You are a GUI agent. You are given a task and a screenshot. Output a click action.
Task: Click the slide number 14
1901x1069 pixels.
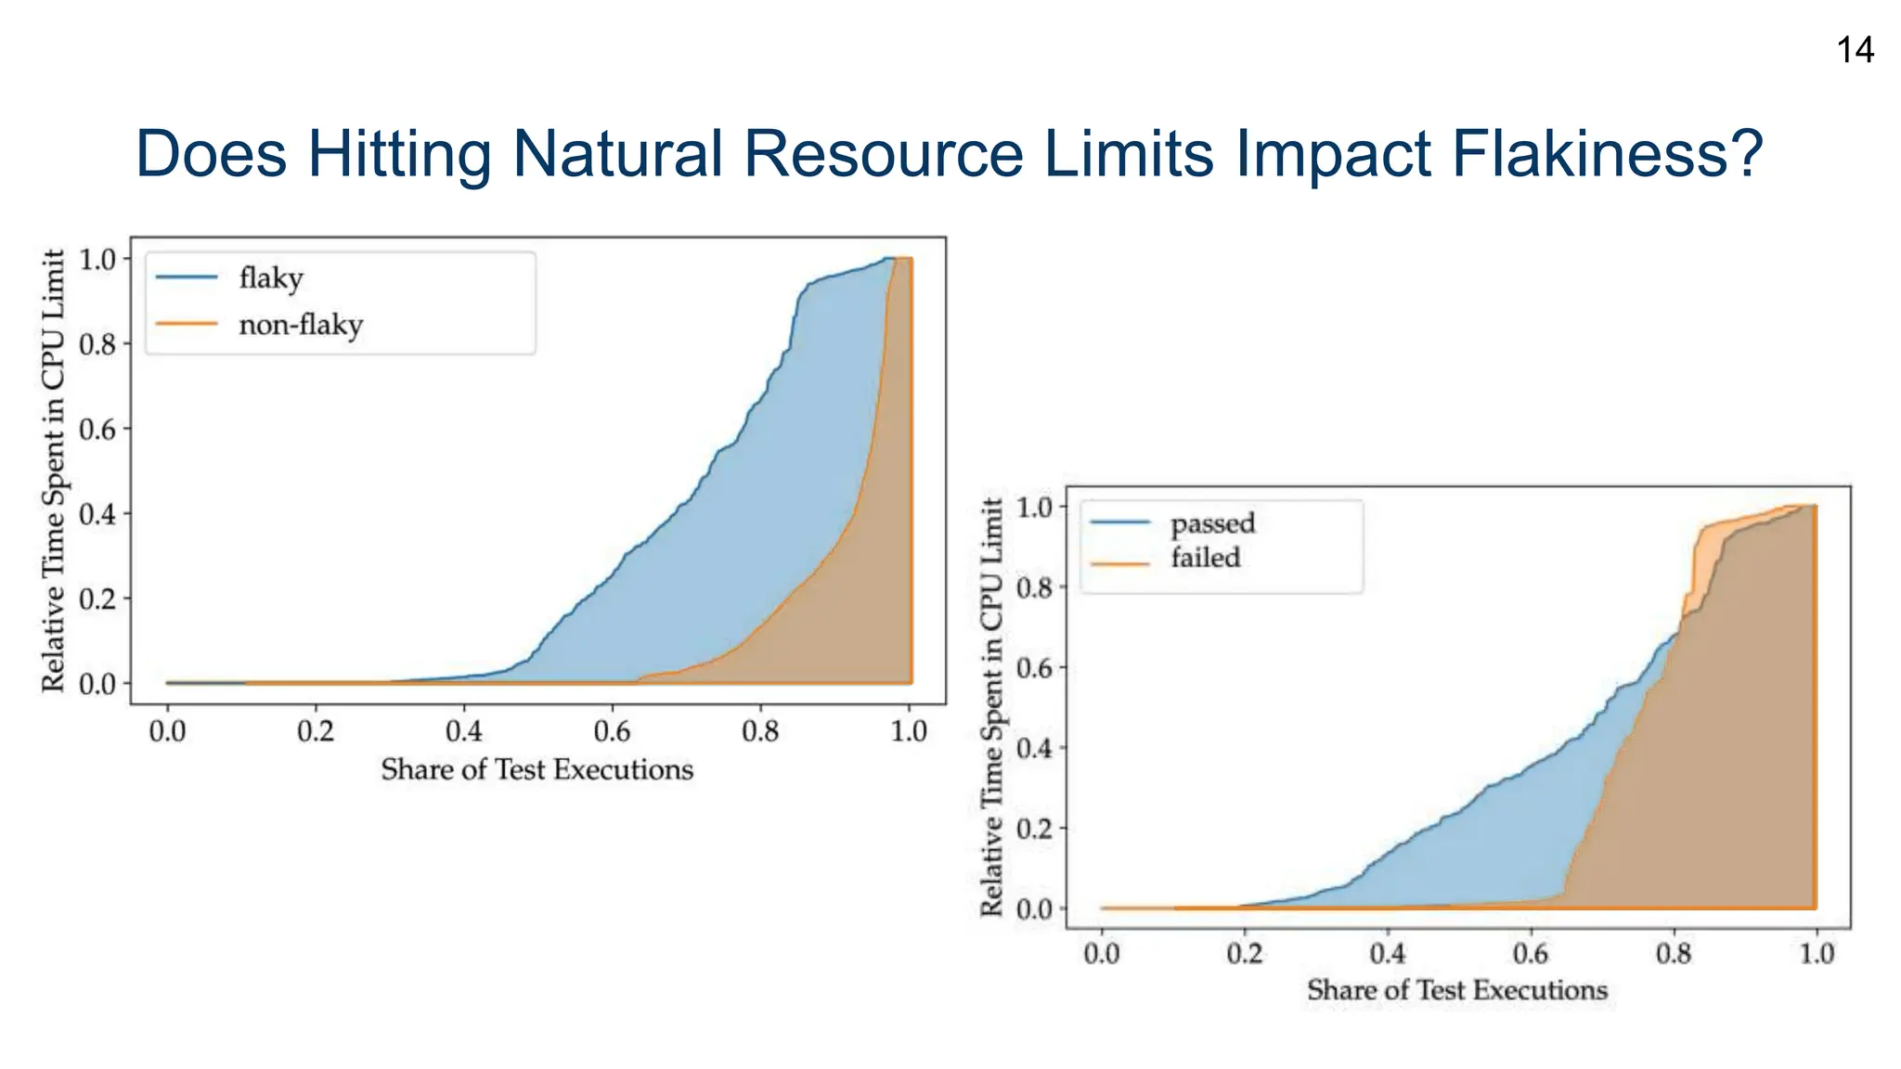1855,50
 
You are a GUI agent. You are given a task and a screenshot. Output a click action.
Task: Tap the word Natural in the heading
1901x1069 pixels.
616,154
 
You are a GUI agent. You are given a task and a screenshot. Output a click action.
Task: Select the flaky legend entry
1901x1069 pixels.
270,277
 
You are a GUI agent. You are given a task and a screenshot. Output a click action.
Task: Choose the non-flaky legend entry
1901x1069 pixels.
300,325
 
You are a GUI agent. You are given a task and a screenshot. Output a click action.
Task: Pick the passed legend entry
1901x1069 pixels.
1212,523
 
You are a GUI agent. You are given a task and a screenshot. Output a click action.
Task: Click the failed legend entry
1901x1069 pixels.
1205,558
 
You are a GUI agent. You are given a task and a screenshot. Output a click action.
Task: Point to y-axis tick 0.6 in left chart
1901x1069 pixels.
97,430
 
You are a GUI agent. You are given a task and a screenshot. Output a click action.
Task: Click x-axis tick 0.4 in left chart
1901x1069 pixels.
463,732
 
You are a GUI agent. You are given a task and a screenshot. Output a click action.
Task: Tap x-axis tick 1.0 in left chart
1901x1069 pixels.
909,732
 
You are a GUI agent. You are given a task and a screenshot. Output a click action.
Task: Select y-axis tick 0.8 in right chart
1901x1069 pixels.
1035,587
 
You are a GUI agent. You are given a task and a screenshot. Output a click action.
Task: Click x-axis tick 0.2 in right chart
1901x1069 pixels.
1244,954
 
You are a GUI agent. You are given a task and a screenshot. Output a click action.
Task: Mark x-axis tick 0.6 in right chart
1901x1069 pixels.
1530,954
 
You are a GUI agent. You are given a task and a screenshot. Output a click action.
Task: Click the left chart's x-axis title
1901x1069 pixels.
537,770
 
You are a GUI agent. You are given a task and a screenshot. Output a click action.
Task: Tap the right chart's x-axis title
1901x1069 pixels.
1456,991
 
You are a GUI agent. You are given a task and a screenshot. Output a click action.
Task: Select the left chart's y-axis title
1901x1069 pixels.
54,470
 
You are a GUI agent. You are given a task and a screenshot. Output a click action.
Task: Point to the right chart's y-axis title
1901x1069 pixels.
992,707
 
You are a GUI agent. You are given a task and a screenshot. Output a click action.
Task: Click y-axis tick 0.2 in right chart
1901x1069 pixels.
1035,829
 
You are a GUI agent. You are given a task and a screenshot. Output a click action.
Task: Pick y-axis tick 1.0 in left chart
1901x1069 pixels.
97,260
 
